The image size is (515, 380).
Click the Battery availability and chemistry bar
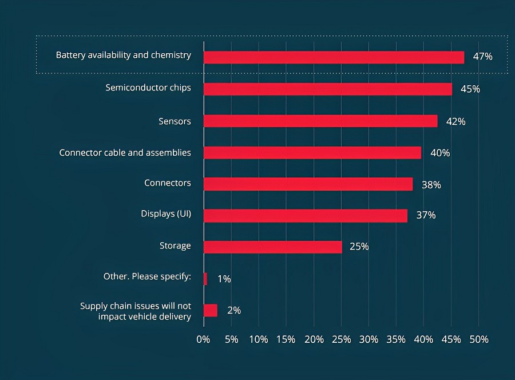[x=334, y=57]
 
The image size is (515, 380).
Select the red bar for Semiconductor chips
[x=327, y=89]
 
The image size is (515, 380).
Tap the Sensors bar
[x=320, y=121]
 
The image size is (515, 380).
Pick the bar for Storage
[x=272, y=247]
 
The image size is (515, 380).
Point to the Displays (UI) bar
[x=305, y=216]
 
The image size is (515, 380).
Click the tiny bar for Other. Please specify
[x=205, y=279]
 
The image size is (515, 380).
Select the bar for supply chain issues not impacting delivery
[x=210, y=310]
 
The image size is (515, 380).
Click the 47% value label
[x=482, y=57]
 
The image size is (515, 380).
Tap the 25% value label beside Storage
[x=359, y=247]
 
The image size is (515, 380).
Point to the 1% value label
[x=224, y=279]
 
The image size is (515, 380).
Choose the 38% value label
[x=431, y=185]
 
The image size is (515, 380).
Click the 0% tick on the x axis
[x=203, y=339]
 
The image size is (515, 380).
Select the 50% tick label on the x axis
[x=479, y=339]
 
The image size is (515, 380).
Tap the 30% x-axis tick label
[x=369, y=339]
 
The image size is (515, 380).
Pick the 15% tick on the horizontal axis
[x=286, y=339]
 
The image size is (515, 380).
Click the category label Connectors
[x=167, y=183]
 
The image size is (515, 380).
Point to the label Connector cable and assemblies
[x=125, y=153]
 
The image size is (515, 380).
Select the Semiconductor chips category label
[x=148, y=88]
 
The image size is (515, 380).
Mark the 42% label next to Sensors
[x=456, y=122]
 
